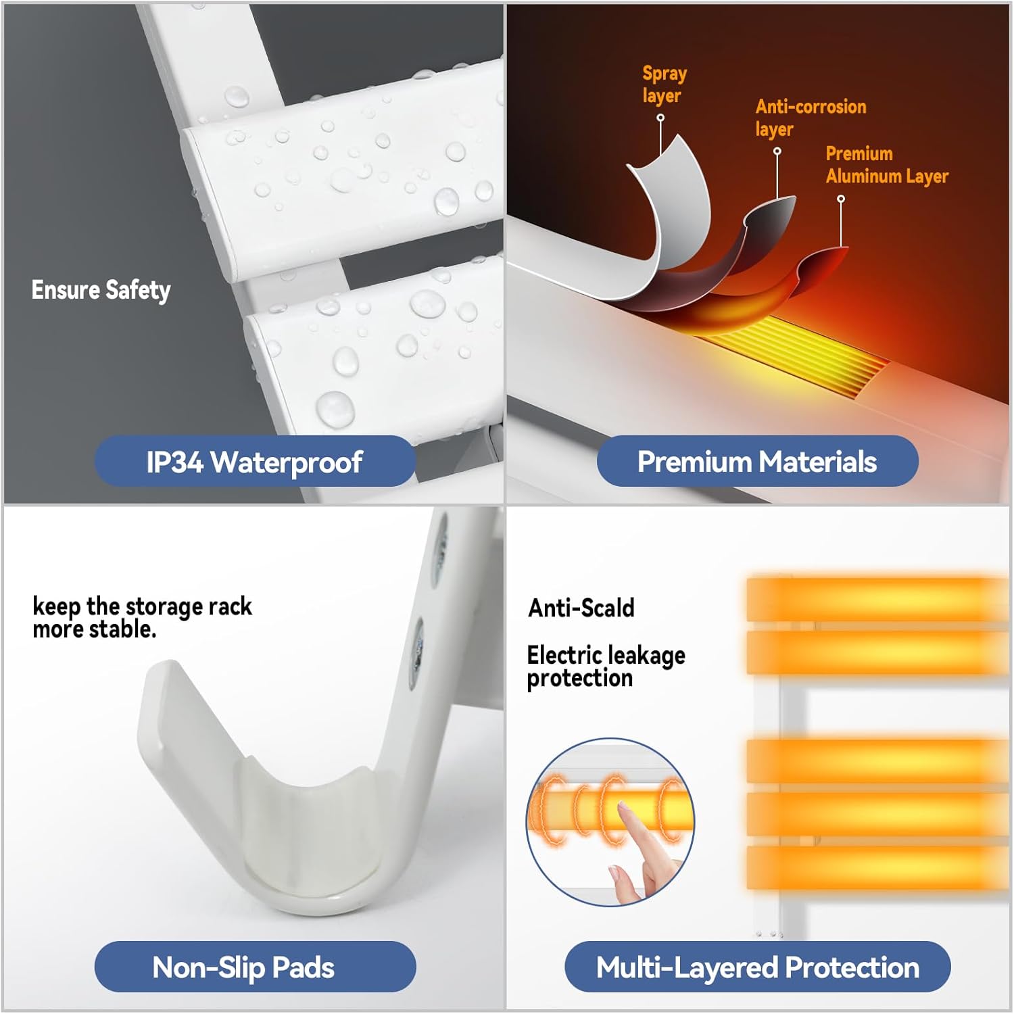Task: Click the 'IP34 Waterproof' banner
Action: [255, 462]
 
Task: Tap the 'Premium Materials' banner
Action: [757, 462]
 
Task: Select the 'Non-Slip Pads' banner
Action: [255, 967]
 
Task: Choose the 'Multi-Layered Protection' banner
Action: [757, 967]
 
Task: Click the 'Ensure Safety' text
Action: [101, 290]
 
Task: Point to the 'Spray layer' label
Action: [665, 84]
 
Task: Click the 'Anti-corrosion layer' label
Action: [811, 117]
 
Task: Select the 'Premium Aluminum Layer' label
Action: [887, 164]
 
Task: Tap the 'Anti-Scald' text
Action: [581, 608]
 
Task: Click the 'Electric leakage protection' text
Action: [606, 667]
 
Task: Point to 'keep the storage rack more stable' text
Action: [142, 617]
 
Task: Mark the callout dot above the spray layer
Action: [660, 118]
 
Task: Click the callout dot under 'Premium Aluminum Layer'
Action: [841, 199]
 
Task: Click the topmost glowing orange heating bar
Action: [877, 599]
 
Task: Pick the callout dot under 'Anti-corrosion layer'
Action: [777, 151]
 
